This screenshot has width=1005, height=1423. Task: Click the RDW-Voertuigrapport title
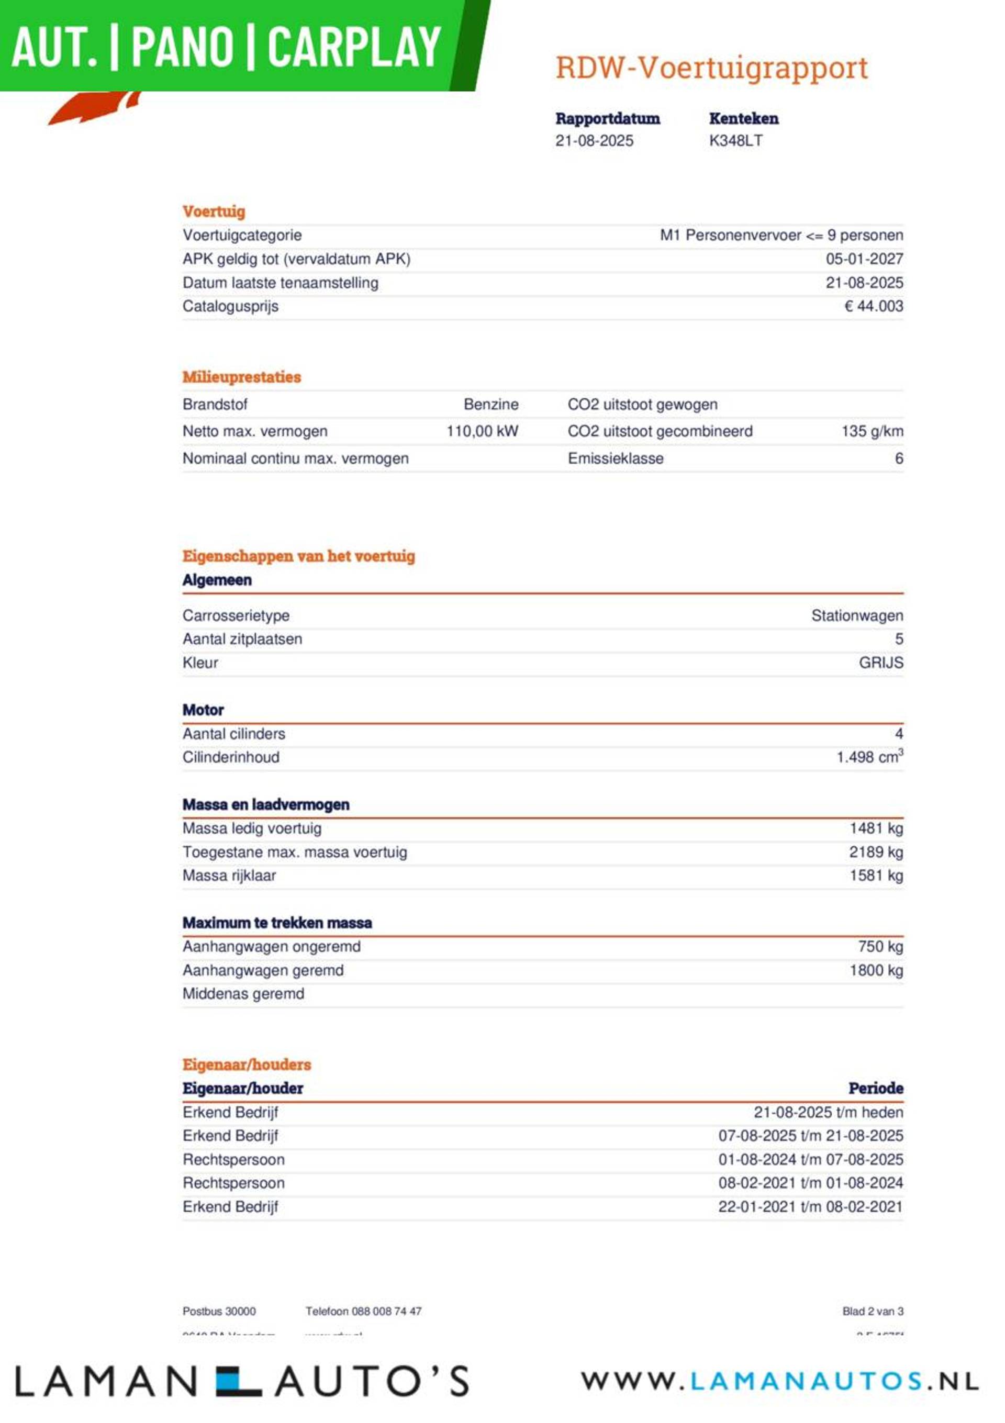tap(711, 68)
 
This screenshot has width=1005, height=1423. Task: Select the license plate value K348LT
tap(735, 141)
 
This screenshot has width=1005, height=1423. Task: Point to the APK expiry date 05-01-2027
tap(864, 259)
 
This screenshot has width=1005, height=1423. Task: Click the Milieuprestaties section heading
tap(241, 377)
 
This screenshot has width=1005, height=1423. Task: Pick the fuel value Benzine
tap(490, 405)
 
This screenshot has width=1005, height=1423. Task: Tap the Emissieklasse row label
tap(615, 458)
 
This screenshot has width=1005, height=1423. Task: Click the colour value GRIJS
tap(880, 663)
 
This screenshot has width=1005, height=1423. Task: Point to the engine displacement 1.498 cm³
tap(869, 757)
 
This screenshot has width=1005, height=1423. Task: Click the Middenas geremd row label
tap(243, 993)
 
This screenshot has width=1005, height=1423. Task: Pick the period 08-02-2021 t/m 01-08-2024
tap(810, 1183)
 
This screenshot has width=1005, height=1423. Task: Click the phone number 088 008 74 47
tap(386, 1311)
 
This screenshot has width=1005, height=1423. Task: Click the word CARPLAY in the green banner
tap(354, 47)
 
